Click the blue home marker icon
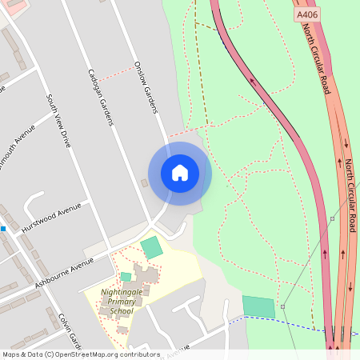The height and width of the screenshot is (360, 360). tap(180, 173)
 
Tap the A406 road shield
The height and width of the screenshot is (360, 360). tap(306, 14)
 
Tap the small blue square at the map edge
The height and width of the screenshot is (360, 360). tap(3, 229)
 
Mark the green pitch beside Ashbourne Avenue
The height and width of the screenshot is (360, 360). tap(151, 247)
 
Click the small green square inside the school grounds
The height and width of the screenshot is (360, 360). tap(126, 277)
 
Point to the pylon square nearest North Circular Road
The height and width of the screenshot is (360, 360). tap(331, 218)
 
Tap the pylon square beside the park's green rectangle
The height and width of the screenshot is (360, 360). tap(282, 306)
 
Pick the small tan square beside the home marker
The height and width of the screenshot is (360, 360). tap(145, 183)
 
